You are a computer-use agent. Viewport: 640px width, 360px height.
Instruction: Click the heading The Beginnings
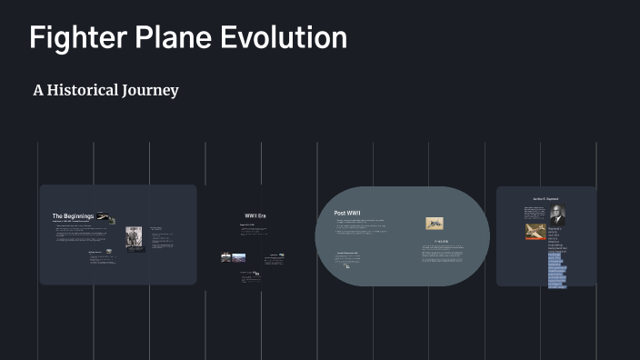[73, 216]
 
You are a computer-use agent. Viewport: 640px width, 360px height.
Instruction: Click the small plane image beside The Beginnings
[106, 217]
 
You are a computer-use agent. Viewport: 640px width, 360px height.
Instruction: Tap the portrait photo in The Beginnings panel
[135, 236]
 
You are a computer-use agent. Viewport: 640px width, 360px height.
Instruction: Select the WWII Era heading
[255, 215]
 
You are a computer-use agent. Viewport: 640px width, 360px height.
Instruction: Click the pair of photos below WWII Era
[233, 257]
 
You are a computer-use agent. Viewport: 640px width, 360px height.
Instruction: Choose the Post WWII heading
[347, 213]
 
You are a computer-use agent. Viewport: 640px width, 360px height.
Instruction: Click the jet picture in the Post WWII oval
[435, 223]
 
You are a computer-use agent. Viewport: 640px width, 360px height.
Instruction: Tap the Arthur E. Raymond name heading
[545, 198]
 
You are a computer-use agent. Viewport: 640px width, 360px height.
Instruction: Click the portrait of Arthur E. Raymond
[556, 215]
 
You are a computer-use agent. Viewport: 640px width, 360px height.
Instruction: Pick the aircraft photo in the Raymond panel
[535, 231]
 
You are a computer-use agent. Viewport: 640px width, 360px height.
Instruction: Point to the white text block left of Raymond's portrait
[535, 214]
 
